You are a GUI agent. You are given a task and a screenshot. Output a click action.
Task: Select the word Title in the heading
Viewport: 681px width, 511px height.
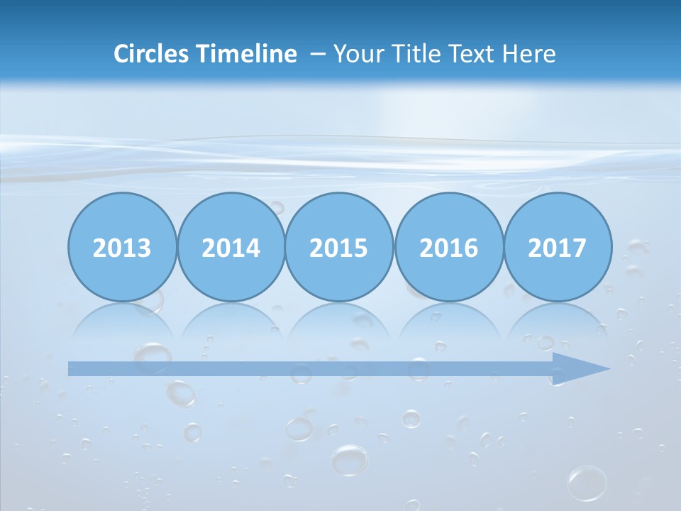click(418, 54)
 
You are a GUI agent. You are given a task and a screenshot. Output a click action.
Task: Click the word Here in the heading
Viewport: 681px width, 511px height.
click(529, 54)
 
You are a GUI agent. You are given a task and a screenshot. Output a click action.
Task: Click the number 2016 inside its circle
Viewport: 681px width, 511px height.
click(448, 248)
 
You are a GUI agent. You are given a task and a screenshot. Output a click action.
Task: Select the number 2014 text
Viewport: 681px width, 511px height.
click(231, 248)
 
